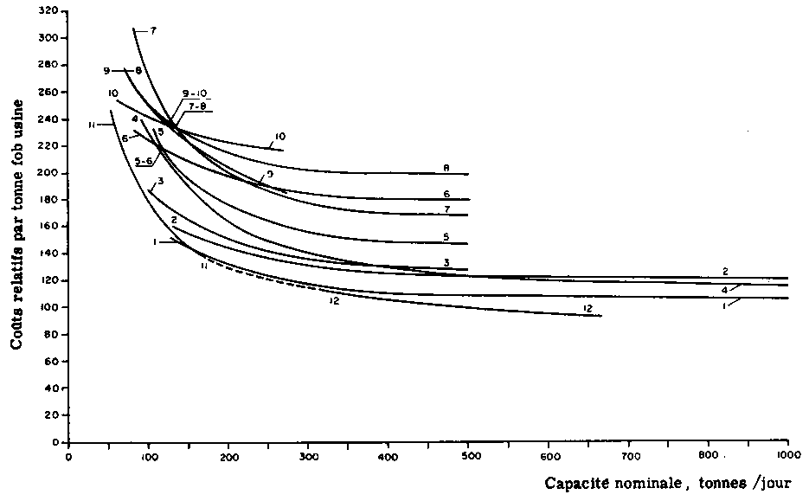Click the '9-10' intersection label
click(195, 93)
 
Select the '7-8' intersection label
click(197, 106)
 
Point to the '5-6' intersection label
click(144, 161)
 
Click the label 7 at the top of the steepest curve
click(153, 30)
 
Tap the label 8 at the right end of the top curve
click(446, 167)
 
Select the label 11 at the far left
click(91, 125)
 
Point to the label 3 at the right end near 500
click(446, 262)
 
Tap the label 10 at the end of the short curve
click(279, 136)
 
